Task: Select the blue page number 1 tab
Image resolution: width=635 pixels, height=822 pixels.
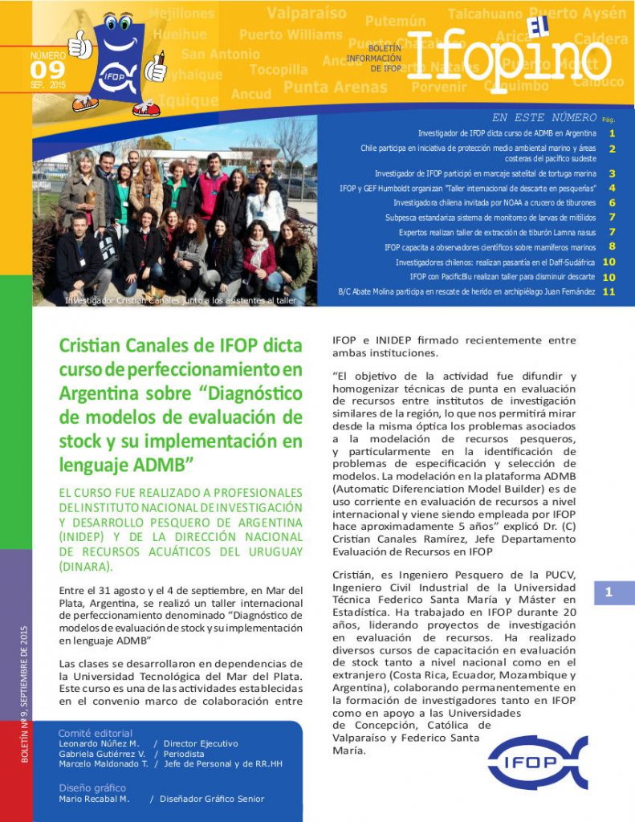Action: pos(614,592)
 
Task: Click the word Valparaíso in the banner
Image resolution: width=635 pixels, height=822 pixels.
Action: pos(307,14)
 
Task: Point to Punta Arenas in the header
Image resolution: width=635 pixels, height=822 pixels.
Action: pos(336,87)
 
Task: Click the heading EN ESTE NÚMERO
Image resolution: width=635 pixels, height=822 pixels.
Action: pos(544,117)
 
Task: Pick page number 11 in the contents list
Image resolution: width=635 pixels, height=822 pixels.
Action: pos(609,291)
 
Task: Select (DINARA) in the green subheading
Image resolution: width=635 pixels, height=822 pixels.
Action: pos(84,567)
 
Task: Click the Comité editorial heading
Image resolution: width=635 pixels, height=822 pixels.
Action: pos(96,733)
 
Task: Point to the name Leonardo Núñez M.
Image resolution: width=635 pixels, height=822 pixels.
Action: pos(99,744)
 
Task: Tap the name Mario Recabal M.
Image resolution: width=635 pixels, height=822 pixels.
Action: pos(94,799)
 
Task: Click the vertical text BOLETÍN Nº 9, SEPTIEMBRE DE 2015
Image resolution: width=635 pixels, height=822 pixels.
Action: pos(25,694)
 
